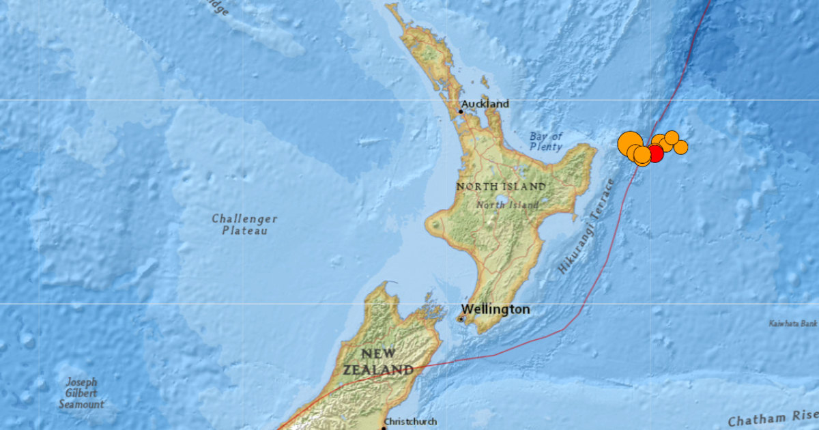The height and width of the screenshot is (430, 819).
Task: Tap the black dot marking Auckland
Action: pyautogui.click(x=461, y=111)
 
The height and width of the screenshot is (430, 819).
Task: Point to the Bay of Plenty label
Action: pyautogui.click(x=546, y=141)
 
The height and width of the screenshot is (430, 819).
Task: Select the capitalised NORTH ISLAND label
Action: pyautogui.click(x=501, y=186)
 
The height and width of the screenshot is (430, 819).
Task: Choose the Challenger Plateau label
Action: pyautogui.click(x=244, y=225)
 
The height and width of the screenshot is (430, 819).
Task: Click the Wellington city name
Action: pyautogui.click(x=495, y=309)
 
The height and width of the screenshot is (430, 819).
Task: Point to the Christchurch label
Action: pyautogui.click(x=411, y=422)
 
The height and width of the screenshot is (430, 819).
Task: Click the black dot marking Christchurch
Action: pyautogui.click(x=384, y=427)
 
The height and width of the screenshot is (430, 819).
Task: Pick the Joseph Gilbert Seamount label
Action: pyautogui.click(x=81, y=393)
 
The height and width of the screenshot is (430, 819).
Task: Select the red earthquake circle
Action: pyautogui.click(x=655, y=154)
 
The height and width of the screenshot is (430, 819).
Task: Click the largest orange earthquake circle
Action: pyautogui.click(x=629, y=144)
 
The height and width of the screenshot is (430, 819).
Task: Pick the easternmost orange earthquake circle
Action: pyautogui.click(x=680, y=147)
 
